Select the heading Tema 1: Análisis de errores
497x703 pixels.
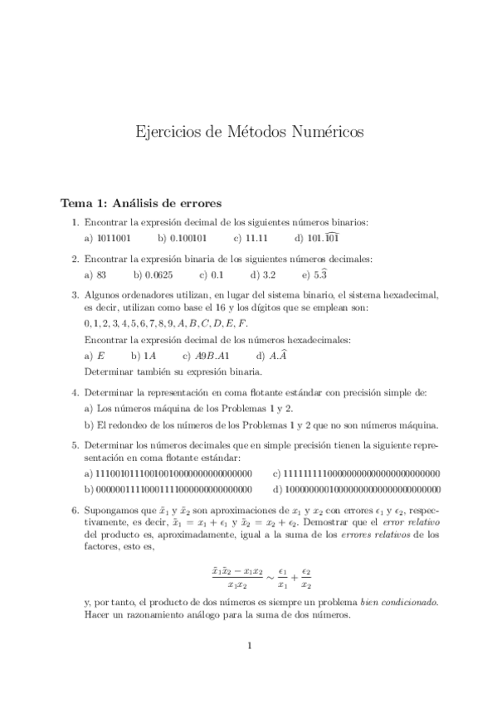point(140,203)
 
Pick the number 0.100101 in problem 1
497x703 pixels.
point(188,237)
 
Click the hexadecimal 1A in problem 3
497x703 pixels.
point(150,356)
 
